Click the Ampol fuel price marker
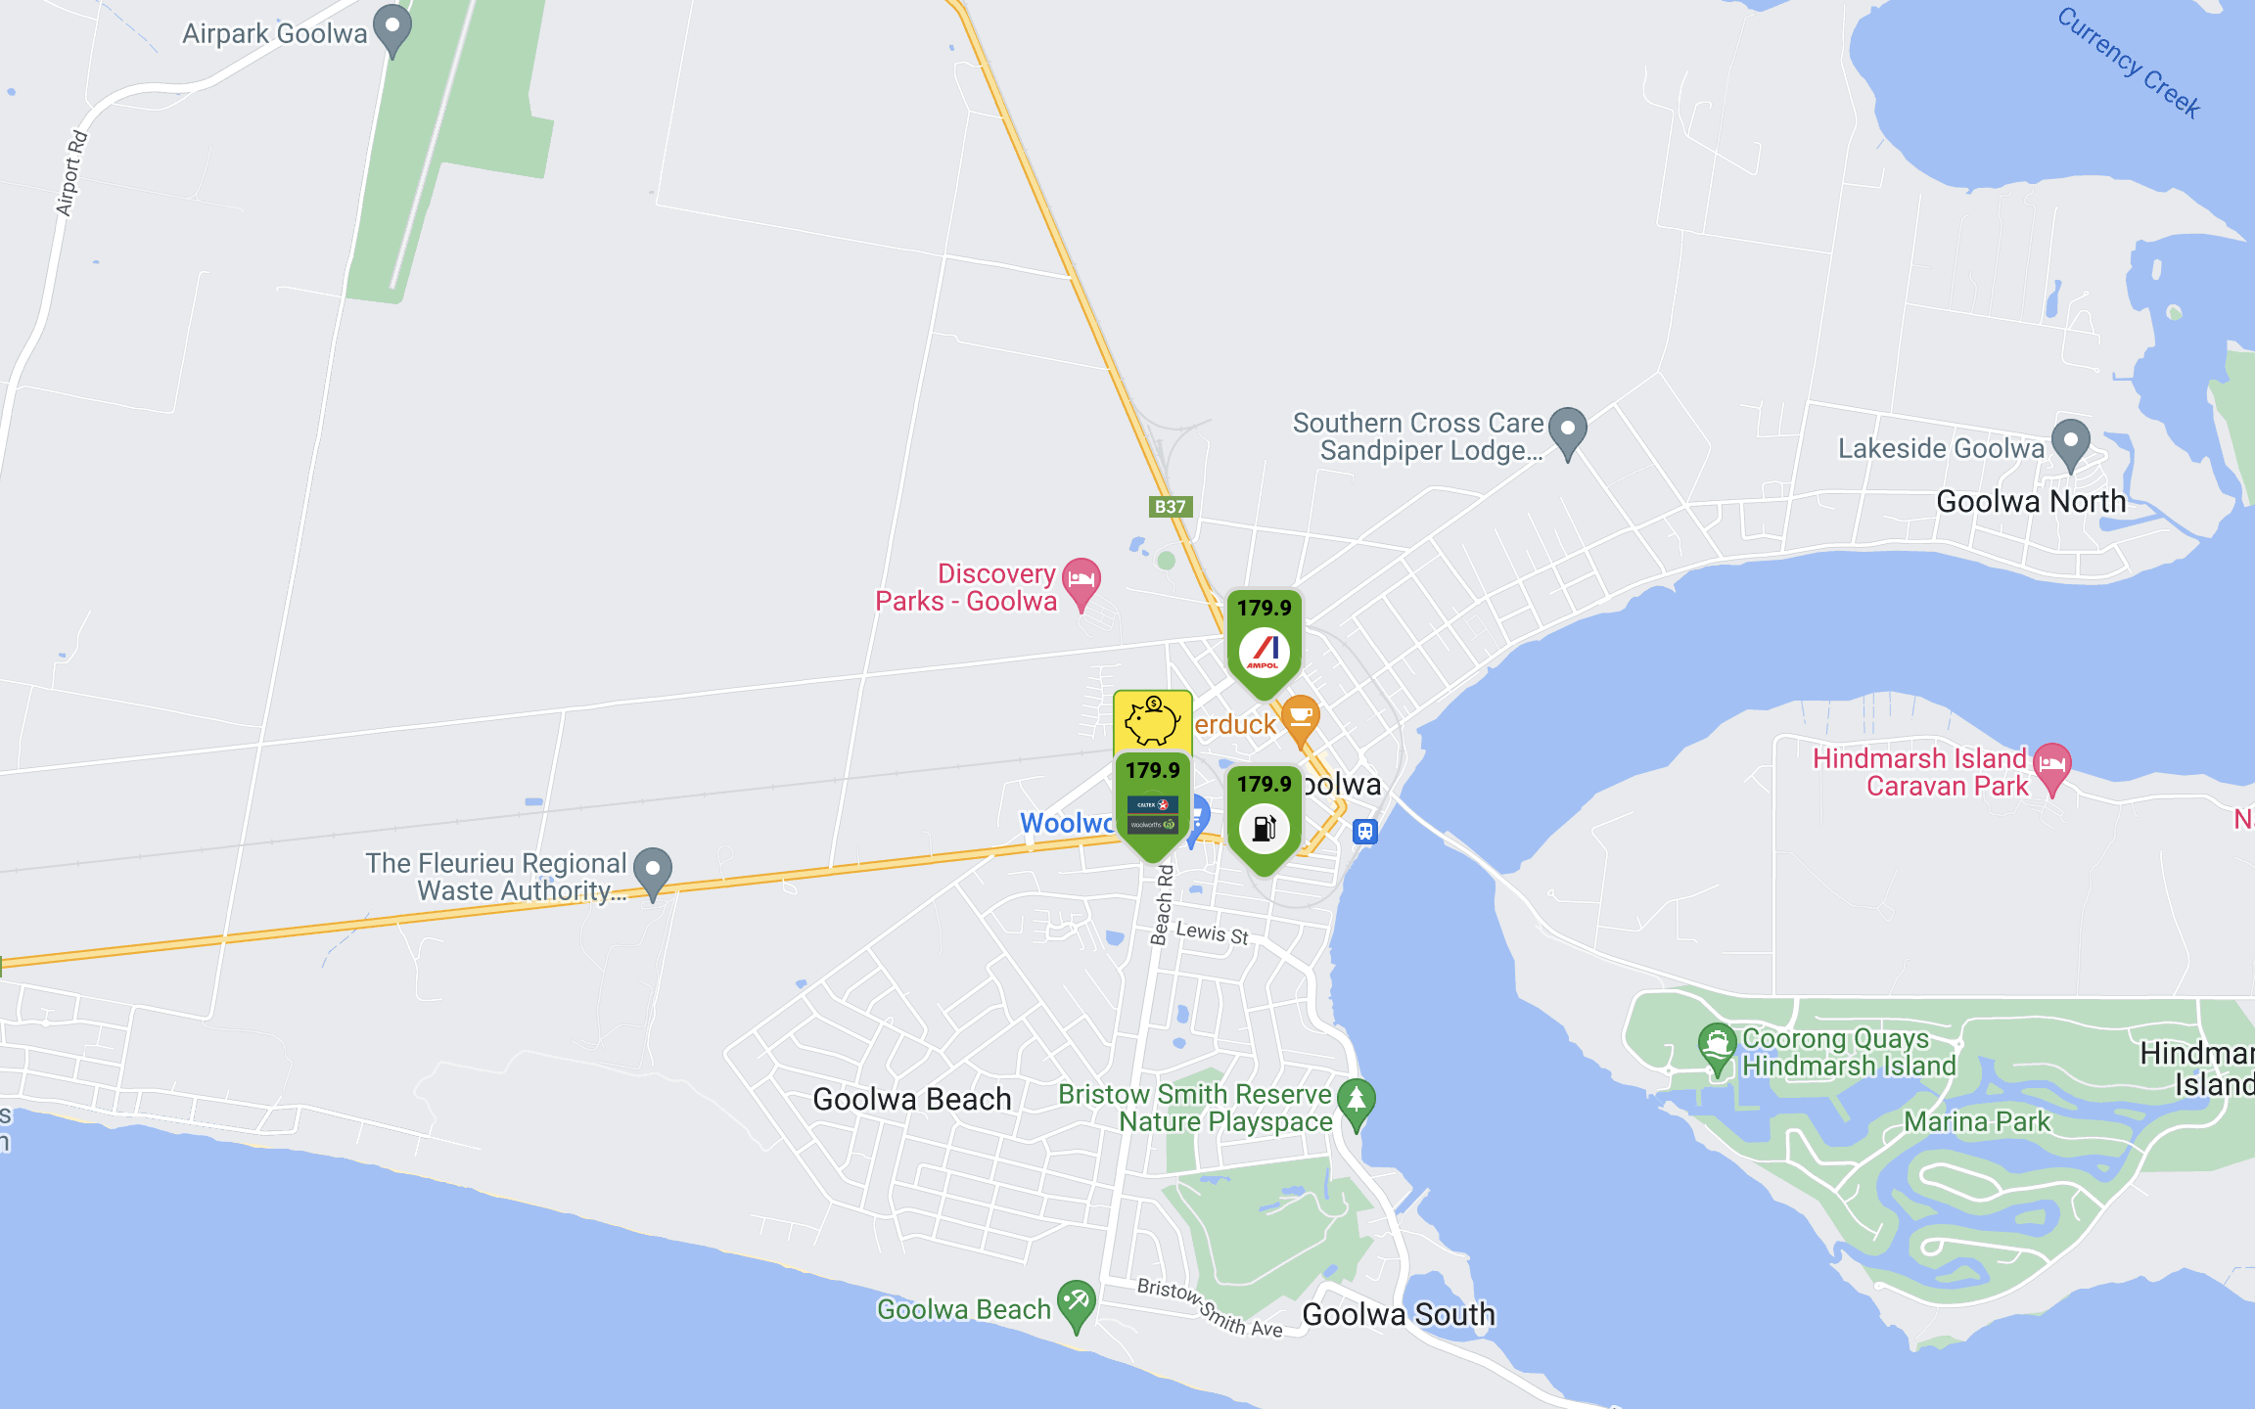click(1264, 641)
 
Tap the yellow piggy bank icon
click(1152, 721)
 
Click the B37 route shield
click(1170, 507)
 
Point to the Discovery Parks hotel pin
click(1081, 581)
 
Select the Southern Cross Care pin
click(1568, 432)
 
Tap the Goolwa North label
click(2031, 502)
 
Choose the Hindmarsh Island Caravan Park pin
click(2052, 766)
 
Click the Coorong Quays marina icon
click(1717, 1046)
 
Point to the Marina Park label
click(1976, 1121)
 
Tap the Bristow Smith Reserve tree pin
click(1357, 1102)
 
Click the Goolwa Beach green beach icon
click(1077, 1303)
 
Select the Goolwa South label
click(1398, 1314)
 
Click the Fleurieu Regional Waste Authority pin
click(653, 871)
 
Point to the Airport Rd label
click(71, 173)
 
